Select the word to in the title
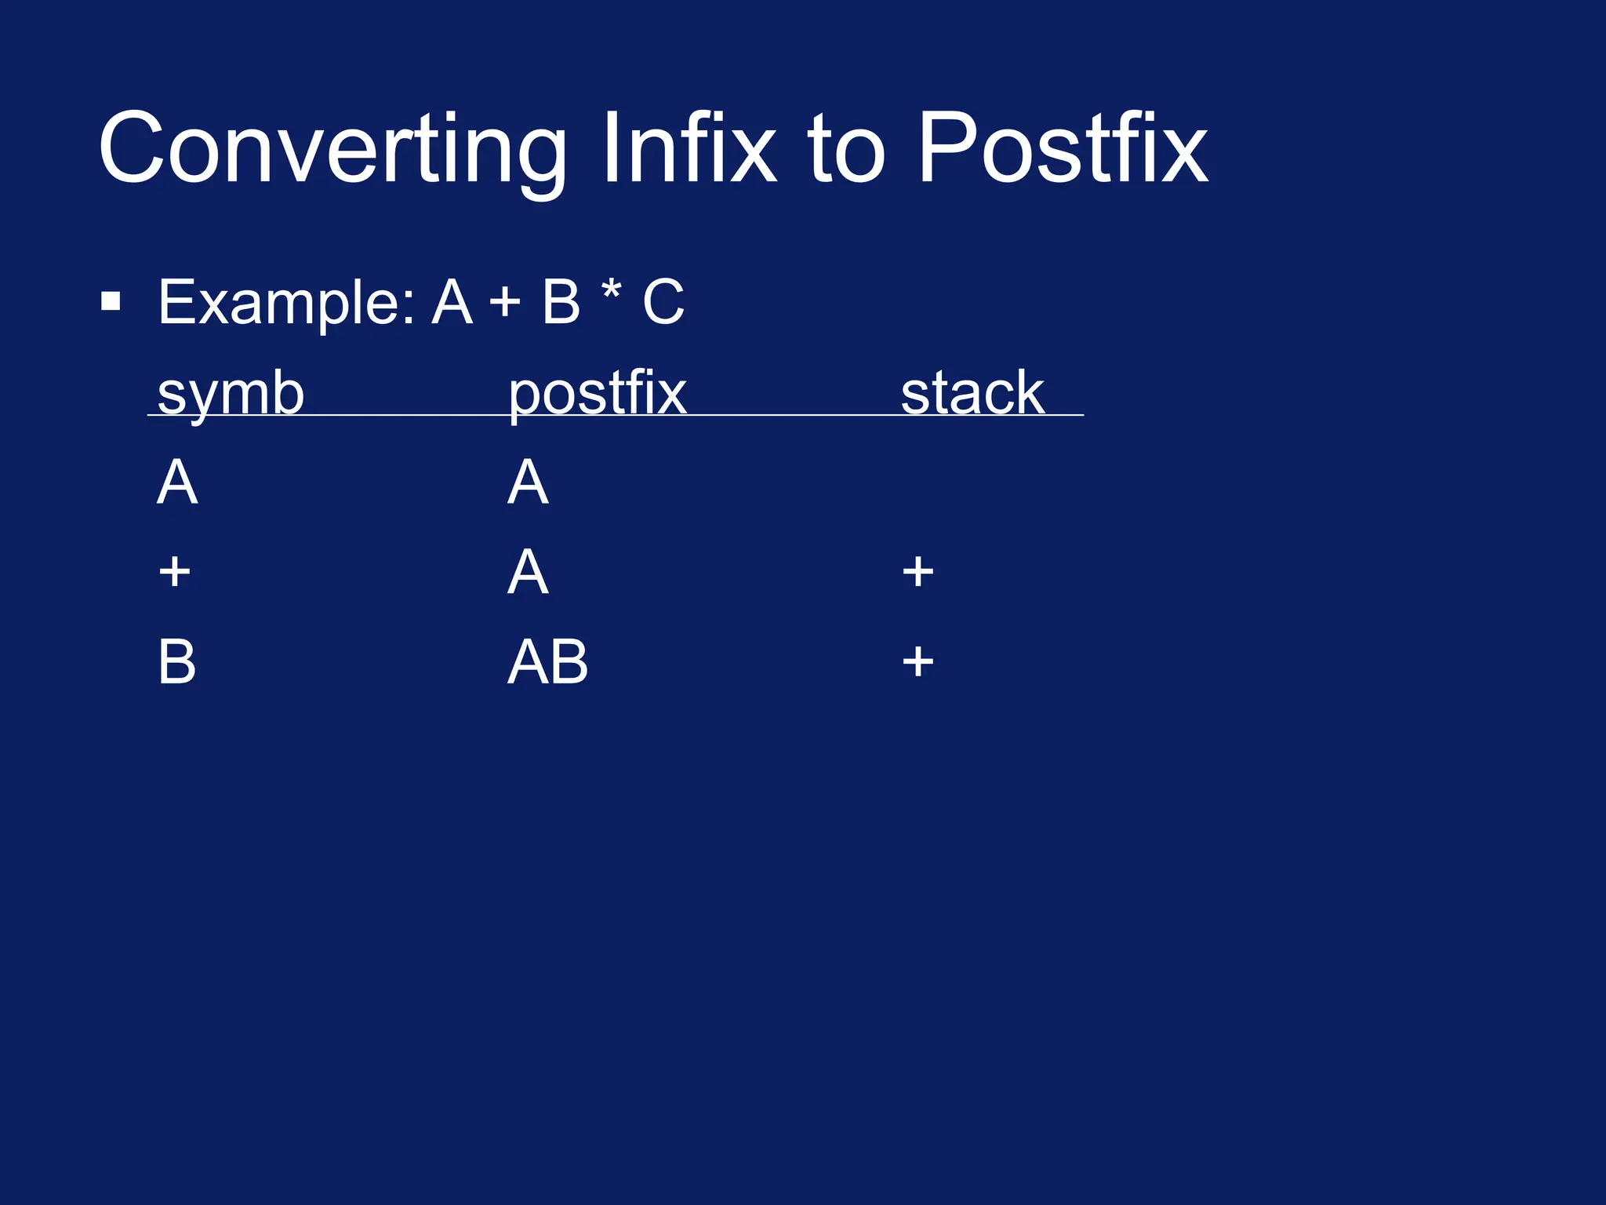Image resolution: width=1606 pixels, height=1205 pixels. point(847,149)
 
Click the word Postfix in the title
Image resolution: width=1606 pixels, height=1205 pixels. point(1063,149)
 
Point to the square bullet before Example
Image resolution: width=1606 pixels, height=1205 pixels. point(111,301)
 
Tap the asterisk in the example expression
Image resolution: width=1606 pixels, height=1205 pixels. point(611,292)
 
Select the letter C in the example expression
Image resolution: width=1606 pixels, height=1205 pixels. point(663,301)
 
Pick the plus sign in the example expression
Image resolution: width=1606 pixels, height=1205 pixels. point(505,303)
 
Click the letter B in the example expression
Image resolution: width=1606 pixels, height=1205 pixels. point(561,301)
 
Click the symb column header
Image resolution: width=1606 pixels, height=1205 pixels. point(231,394)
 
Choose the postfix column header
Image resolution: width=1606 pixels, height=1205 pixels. point(597,394)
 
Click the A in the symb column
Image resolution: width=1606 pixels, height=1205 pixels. point(177,482)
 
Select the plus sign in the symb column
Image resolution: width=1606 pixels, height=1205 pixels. point(174,571)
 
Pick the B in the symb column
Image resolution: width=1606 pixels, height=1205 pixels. point(176,661)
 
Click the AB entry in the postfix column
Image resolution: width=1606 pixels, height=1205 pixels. point(547,661)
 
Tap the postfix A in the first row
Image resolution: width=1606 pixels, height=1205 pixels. point(528,482)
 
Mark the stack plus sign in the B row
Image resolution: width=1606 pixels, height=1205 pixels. point(917,661)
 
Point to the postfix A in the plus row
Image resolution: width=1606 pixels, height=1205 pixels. point(528,571)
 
